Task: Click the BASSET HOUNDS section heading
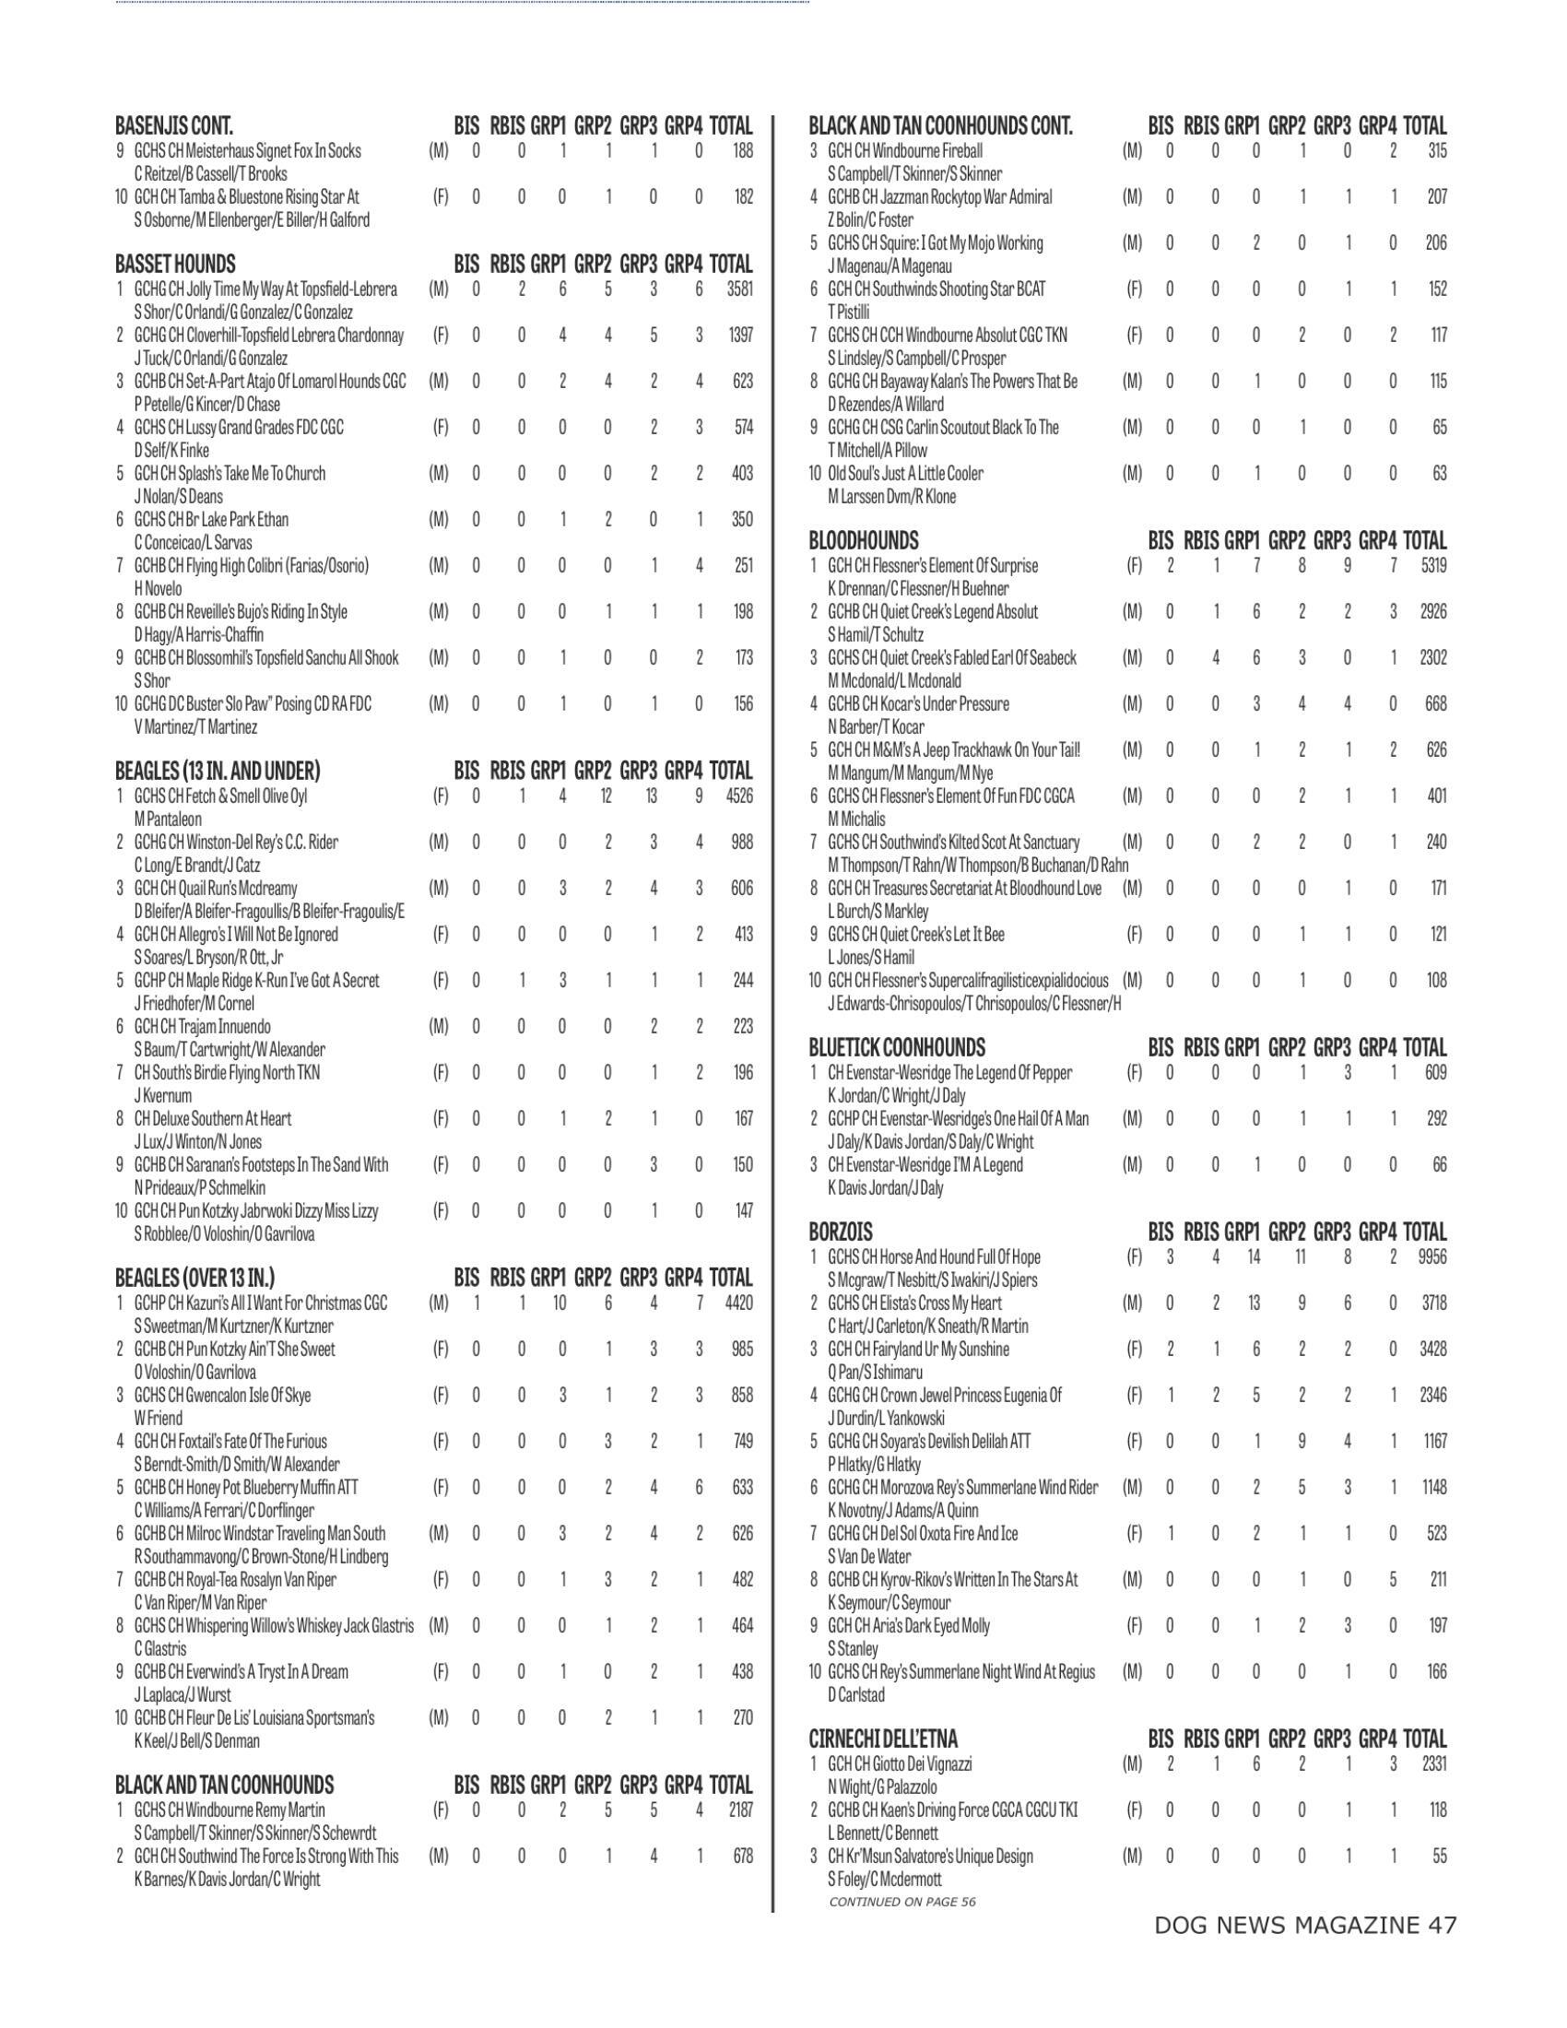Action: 175,264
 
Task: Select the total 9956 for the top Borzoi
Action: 1432,1257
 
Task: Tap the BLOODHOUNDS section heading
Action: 864,540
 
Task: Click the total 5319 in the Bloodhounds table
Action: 1432,565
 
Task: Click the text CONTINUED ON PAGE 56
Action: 901,1902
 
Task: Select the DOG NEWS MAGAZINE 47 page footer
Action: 1304,1926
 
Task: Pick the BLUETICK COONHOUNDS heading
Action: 897,1047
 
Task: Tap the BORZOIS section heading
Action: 841,1232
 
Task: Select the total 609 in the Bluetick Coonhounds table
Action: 1435,1072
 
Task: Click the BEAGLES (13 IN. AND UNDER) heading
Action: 218,771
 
